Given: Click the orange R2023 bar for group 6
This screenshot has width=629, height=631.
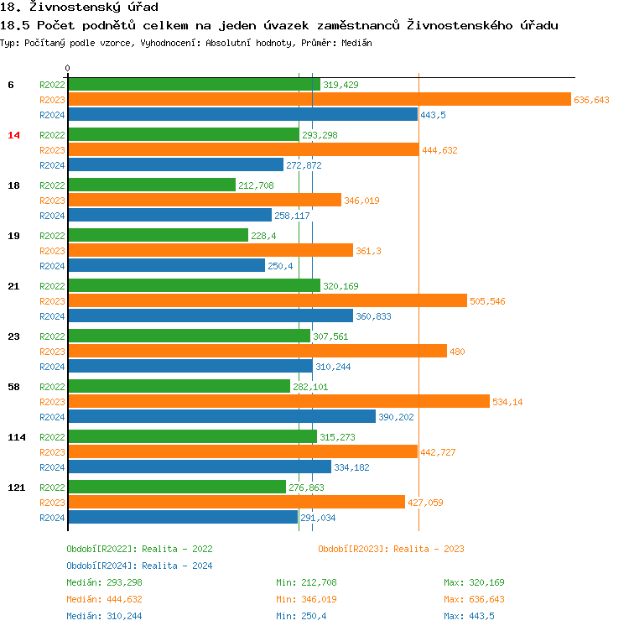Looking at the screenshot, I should tap(319, 99).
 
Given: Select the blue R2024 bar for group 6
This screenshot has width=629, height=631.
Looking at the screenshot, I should tap(242, 114).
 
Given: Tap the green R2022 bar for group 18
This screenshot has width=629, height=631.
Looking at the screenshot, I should tap(152, 185).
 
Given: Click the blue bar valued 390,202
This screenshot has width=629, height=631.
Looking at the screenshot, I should tap(221, 416).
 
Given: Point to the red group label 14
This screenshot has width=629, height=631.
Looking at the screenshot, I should tap(13, 134).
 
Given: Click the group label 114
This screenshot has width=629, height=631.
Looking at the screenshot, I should tap(17, 436).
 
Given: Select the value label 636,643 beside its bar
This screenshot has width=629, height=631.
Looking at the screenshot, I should tap(591, 100).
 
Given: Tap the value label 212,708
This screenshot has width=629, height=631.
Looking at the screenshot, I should tap(256, 185).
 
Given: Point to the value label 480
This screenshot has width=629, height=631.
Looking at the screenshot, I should tap(457, 352).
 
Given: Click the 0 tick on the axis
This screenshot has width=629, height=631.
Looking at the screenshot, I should tap(68, 68).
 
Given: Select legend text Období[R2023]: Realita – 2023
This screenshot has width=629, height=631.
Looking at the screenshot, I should tap(391, 549).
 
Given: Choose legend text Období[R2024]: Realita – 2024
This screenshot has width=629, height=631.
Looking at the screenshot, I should tap(139, 566).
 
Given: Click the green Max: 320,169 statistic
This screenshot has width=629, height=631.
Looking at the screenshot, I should tap(475, 582).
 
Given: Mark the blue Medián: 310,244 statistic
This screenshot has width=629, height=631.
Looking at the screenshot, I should tap(105, 616).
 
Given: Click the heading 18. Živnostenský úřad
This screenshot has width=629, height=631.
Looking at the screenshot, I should tap(79, 8).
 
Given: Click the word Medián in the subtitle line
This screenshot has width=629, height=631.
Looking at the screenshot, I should tap(356, 42).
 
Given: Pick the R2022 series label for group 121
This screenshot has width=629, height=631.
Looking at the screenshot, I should tap(52, 487).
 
